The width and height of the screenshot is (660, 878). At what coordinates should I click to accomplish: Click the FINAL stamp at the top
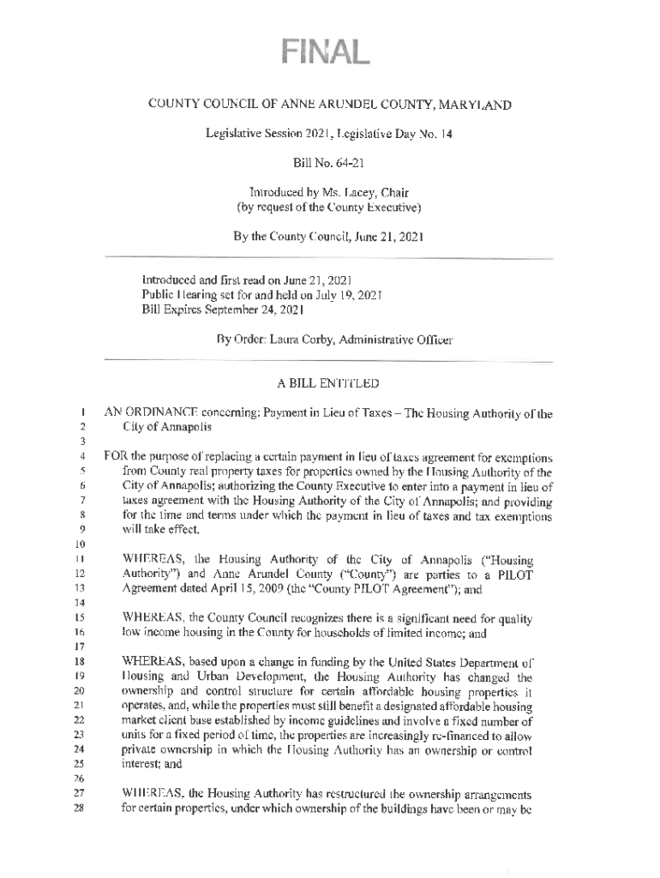[x=328, y=53]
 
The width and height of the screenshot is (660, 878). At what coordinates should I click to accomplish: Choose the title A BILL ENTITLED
[x=328, y=382]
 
